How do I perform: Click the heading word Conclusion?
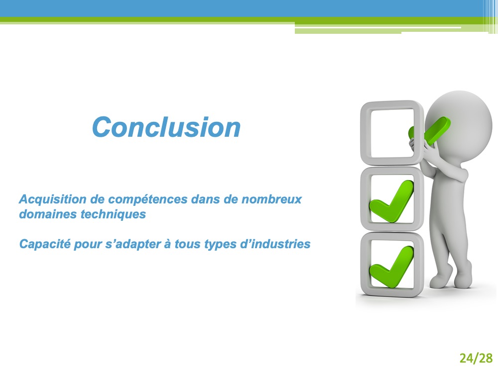coord(166,127)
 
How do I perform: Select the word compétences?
coord(148,199)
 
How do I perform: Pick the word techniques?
coord(113,214)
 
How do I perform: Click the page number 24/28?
coord(476,358)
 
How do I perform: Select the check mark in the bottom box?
coord(391,267)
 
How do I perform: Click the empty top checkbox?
coord(365,133)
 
